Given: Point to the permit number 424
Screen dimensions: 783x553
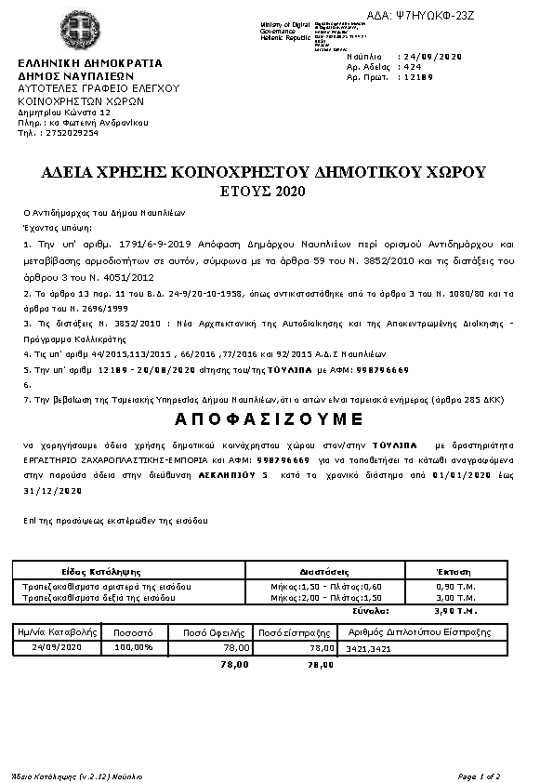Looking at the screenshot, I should pyautogui.click(x=411, y=67).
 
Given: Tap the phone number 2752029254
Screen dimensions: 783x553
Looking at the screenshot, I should pyautogui.click(x=70, y=133).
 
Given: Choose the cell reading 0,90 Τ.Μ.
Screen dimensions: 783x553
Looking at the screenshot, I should pyautogui.click(x=454, y=587).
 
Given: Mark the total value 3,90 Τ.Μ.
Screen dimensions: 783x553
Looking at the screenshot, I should pyautogui.click(x=454, y=611).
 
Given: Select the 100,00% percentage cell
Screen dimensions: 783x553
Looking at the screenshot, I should pyautogui.click(x=134, y=646).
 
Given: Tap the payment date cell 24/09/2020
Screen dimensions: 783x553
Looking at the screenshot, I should pyautogui.click(x=58, y=646).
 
